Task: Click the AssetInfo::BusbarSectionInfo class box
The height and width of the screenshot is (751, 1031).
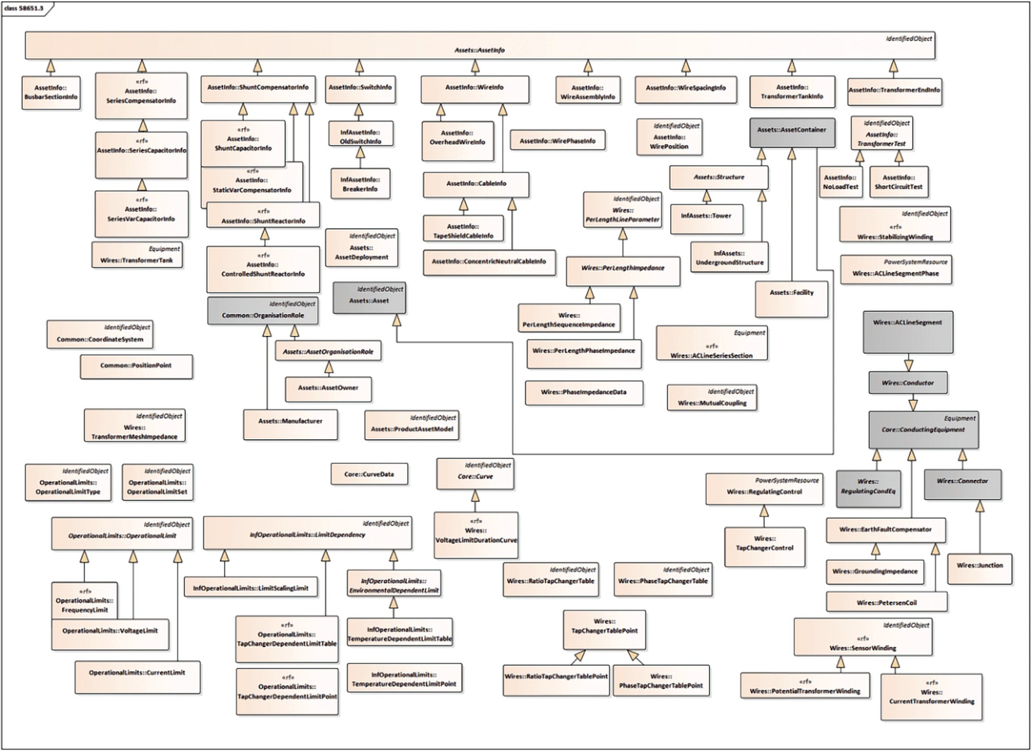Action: [x=51, y=92]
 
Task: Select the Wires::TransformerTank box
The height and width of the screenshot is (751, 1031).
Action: [x=137, y=255]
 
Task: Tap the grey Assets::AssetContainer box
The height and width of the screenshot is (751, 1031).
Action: [x=792, y=132]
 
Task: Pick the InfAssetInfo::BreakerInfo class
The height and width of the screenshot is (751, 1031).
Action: [x=360, y=184]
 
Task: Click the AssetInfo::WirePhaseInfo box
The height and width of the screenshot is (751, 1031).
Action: [x=558, y=140]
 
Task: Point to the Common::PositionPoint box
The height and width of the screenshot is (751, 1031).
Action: [x=136, y=366]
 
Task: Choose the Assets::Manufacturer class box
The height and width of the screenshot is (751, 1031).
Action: [x=290, y=424]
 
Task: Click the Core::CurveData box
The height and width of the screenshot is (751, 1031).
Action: [x=369, y=474]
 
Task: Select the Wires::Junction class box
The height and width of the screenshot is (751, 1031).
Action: [x=980, y=568]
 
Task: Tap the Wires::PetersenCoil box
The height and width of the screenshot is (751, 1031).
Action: [x=886, y=602]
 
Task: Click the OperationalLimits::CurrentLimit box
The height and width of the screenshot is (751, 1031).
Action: [x=137, y=676]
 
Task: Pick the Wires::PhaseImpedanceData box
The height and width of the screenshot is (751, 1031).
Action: [x=584, y=393]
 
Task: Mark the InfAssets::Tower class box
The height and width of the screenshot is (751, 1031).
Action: [x=706, y=219]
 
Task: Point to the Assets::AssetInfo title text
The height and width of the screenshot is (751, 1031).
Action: [x=479, y=50]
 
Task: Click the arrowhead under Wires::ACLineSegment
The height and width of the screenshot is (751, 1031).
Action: [x=908, y=365]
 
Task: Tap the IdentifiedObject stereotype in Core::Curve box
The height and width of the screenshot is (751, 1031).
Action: [x=488, y=465]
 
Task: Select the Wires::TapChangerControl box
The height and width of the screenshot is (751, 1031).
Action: [x=764, y=546]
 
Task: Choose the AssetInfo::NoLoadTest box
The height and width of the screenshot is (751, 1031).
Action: [x=841, y=182]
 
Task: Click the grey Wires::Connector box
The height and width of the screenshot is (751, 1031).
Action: [x=962, y=484]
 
